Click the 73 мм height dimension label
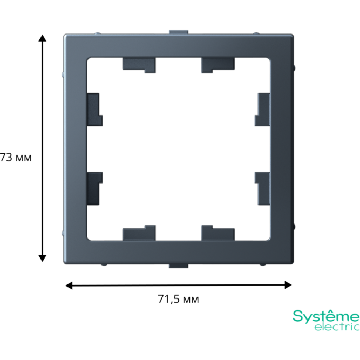(16, 158)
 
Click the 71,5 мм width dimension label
(179, 299)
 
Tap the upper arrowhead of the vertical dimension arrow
(42, 38)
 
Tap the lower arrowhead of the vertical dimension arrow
(42, 259)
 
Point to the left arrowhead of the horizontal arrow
(69, 286)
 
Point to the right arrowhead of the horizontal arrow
(288, 285)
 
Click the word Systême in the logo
(326, 316)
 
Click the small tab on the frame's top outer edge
(179, 32)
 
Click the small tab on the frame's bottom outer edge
(179, 266)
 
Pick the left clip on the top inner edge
(139, 65)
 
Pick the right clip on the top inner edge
(218, 65)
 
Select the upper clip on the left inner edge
(95, 110)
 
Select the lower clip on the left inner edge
(95, 188)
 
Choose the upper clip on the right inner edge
(262, 110)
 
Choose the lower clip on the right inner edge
(262, 188)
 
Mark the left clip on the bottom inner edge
(139, 233)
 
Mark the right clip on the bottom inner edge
(218, 233)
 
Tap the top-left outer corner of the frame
(64, 35)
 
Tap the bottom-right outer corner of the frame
(293, 263)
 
